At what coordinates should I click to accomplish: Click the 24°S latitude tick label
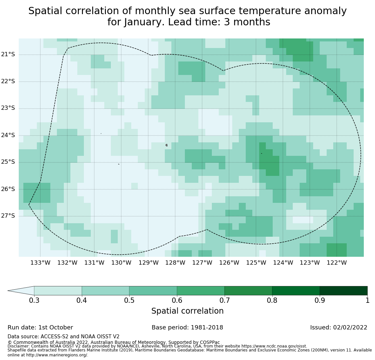tap(8, 135)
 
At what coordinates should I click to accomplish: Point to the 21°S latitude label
tap(8, 54)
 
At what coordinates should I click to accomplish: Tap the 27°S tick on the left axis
tap(8, 216)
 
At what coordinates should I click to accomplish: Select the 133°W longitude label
tap(40, 263)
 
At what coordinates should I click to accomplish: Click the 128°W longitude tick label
tap(175, 263)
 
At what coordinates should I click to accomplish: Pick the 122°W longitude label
tap(337, 263)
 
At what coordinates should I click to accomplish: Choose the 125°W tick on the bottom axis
tap(256, 263)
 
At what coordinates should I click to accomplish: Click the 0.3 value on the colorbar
tap(34, 300)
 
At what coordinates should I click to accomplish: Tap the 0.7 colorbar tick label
tap(224, 300)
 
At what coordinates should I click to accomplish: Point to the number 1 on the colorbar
tap(367, 300)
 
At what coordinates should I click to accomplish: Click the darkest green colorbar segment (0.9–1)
tap(343, 291)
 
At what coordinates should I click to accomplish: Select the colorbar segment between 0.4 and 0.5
tap(105, 291)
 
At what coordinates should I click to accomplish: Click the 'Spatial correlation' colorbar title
tap(187, 311)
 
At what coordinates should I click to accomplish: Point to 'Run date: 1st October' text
tap(40, 327)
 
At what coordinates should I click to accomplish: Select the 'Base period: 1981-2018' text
tap(187, 327)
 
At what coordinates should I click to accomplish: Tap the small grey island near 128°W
tap(166, 145)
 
